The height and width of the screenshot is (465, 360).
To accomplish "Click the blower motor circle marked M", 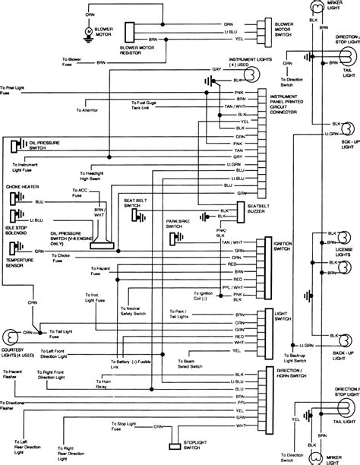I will point(87,30).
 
